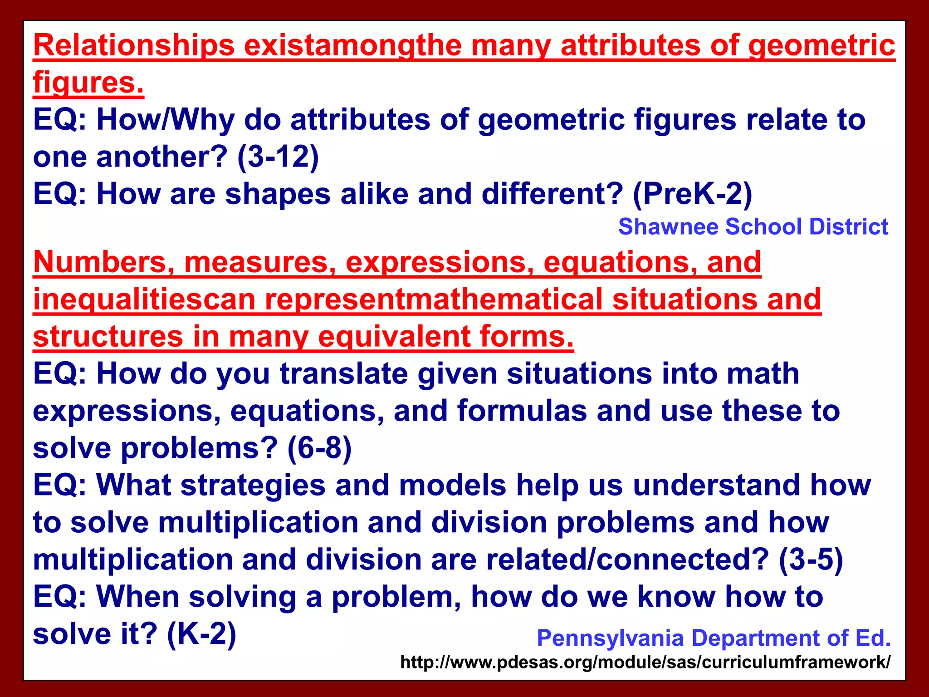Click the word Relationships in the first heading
[x=134, y=46]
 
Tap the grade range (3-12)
[x=278, y=157]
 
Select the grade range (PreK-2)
[x=692, y=194]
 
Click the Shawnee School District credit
[x=753, y=227]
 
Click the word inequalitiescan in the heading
[x=144, y=300]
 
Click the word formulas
[x=522, y=411]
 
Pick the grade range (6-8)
[x=319, y=448]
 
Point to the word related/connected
[x=627, y=560]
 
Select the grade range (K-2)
[x=201, y=634]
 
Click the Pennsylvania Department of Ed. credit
[x=714, y=638]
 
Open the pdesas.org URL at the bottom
[x=645, y=663]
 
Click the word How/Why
[x=166, y=120]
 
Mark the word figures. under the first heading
[x=88, y=83]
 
